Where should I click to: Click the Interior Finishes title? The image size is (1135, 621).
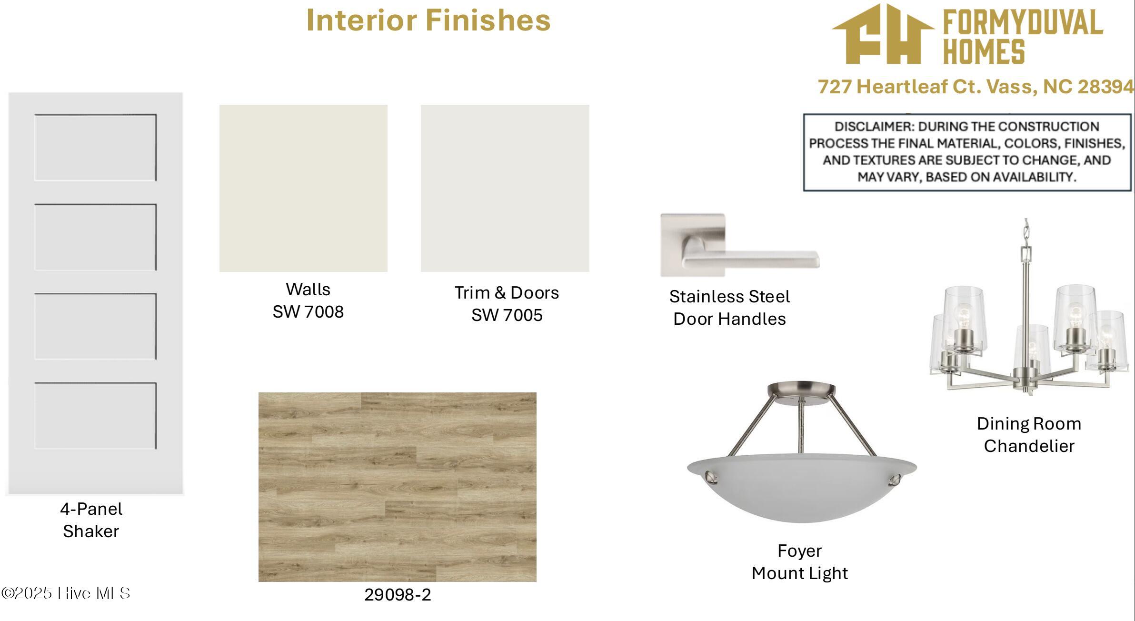[428, 20]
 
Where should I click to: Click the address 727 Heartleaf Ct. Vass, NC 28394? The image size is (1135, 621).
[976, 87]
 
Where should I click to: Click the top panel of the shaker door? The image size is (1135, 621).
[95, 147]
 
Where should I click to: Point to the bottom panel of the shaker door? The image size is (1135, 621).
[95, 416]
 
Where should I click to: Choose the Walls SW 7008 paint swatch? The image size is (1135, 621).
[303, 188]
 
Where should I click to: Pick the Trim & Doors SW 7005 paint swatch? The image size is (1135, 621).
[505, 188]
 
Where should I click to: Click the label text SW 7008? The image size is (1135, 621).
[308, 312]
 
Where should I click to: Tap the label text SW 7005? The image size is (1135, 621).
[507, 315]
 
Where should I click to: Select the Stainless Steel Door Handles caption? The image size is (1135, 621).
[729, 308]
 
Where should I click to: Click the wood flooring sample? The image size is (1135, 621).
[397, 487]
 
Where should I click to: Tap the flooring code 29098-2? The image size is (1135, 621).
[398, 595]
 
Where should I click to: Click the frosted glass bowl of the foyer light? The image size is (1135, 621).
[802, 487]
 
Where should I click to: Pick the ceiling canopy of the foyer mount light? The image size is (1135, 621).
[801, 391]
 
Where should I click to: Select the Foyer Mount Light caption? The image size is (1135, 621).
[800, 562]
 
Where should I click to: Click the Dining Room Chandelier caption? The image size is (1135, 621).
[1029, 435]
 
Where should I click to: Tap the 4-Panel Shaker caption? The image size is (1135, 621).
[91, 520]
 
